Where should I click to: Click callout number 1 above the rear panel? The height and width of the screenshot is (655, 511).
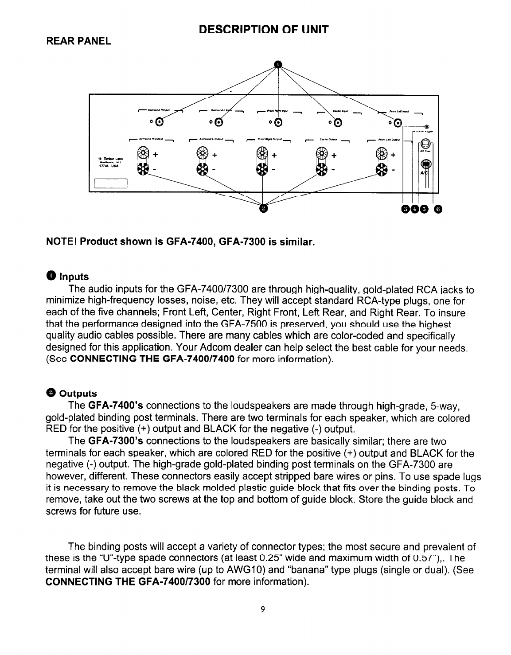277,64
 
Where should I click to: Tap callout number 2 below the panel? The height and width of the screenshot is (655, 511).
263,208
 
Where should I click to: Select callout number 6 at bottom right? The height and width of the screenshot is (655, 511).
437,209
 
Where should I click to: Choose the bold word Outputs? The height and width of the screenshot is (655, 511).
78,394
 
